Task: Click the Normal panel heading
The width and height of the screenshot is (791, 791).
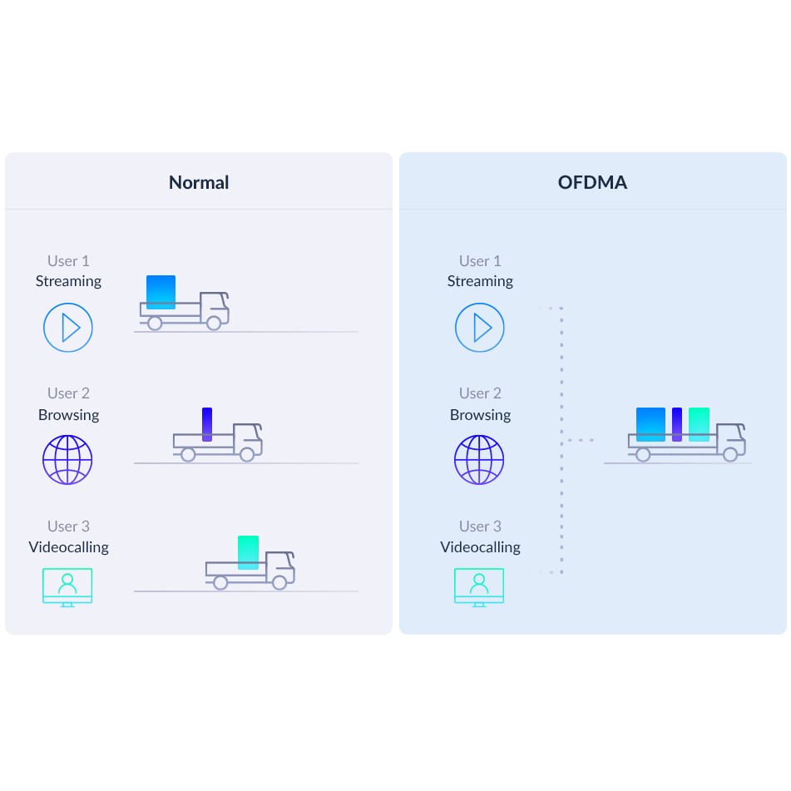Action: click(x=199, y=183)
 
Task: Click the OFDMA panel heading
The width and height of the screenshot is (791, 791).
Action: click(x=592, y=183)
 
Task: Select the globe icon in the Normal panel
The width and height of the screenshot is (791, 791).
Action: click(x=67, y=460)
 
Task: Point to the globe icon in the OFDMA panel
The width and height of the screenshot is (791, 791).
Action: click(x=479, y=460)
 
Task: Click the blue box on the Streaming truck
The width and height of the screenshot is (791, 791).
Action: click(x=161, y=292)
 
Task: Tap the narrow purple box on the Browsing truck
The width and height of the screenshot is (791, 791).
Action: click(x=207, y=424)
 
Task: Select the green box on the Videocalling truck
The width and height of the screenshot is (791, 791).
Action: click(x=248, y=552)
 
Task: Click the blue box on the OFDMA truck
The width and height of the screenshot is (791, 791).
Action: click(x=650, y=424)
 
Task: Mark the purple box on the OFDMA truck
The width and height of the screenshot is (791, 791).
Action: click(x=677, y=424)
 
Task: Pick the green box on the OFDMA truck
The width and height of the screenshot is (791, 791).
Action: click(x=700, y=424)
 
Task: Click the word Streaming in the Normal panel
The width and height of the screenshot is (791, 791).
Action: click(x=68, y=281)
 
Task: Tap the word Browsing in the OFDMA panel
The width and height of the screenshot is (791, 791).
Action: click(x=480, y=415)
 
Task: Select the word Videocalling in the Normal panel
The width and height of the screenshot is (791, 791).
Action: click(x=68, y=547)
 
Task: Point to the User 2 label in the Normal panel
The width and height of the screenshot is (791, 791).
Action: click(x=68, y=393)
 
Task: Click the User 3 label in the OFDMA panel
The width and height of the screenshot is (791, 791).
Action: click(x=480, y=527)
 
